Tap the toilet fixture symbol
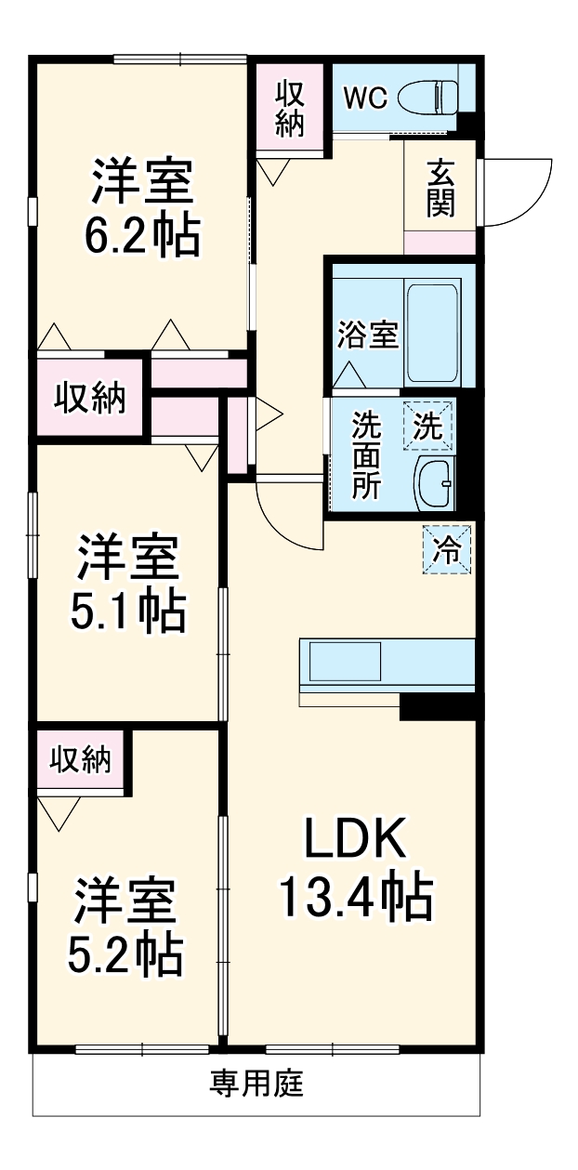click(x=429, y=96)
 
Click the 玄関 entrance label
click(x=440, y=189)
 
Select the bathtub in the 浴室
click(x=432, y=332)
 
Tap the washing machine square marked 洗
click(x=429, y=426)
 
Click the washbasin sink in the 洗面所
click(x=433, y=481)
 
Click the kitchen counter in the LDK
click(x=387, y=665)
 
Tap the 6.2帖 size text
click(x=142, y=237)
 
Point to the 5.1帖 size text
click(x=127, y=611)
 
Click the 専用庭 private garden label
click(x=256, y=1083)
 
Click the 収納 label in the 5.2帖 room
click(x=81, y=760)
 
